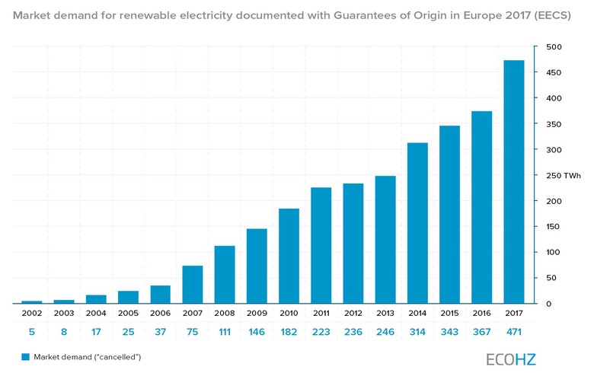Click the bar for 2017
514,181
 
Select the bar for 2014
417,223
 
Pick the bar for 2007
193,284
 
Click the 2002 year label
32,314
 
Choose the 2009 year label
257,314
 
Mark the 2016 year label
482,314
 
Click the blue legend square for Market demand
25,356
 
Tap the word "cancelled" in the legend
118,356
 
